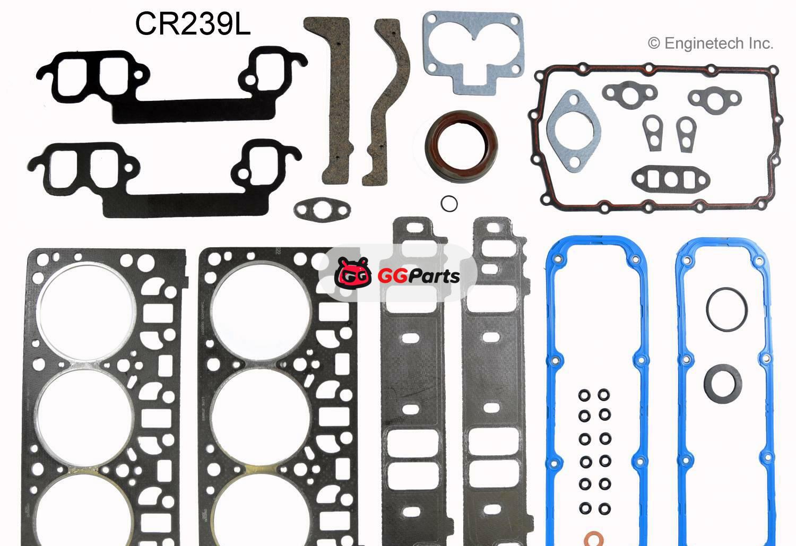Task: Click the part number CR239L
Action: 192,24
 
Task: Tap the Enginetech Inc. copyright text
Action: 711,44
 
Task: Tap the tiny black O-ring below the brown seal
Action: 449,203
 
